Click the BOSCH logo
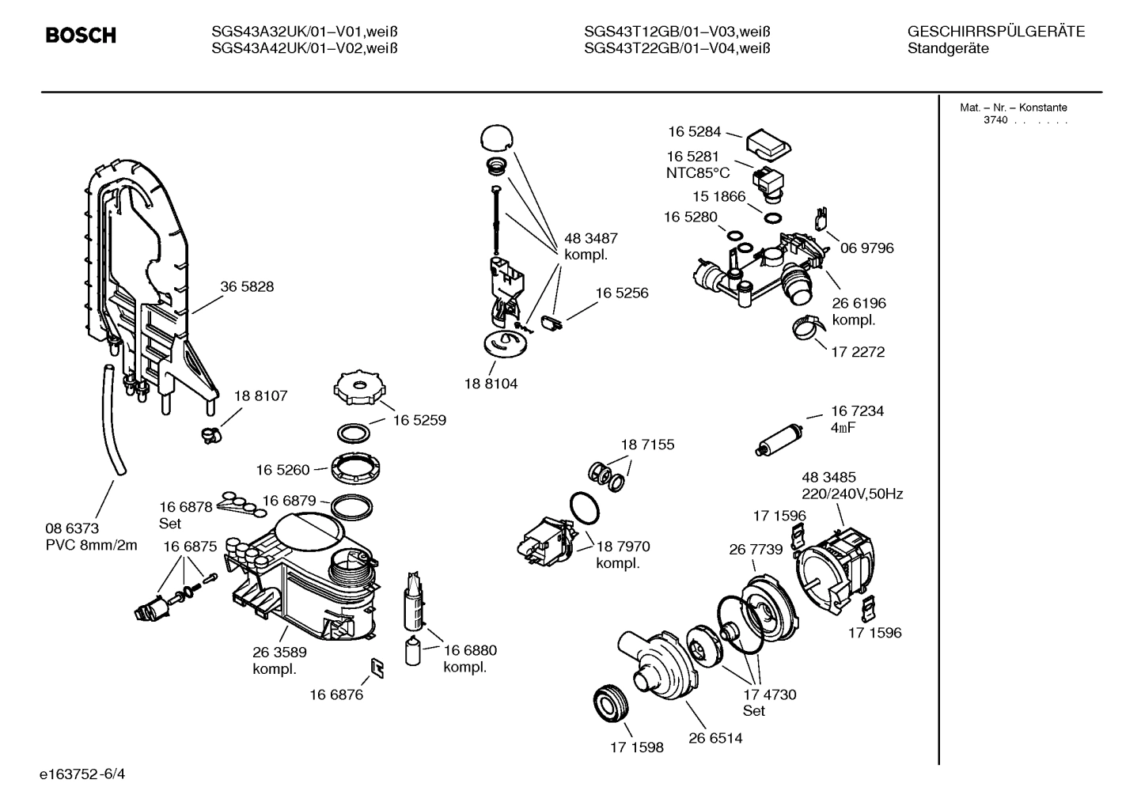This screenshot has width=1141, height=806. pyautogui.click(x=81, y=36)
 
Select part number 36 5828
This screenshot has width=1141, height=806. pyautogui.click(x=247, y=287)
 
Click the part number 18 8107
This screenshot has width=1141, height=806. pyautogui.click(x=260, y=395)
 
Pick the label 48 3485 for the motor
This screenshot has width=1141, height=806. pyautogui.click(x=828, y=477)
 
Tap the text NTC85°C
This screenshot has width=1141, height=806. pyautogui.click(x=697, y=173)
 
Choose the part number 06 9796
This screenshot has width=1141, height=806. pyautogui.click(x=866, y=248)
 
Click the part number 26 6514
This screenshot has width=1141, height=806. pyautogui.click(x=715, y=739)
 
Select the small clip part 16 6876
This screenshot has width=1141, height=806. pyautogui.click(x=378, y=669)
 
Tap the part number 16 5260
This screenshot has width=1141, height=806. pyautogui.click(x=282, y=470)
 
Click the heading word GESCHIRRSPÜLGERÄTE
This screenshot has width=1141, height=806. pyautogui.click(x=995, y=32)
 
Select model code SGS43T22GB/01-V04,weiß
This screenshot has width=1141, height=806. pyautogui.click(x=677, y=49)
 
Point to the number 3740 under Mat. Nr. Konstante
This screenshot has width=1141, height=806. pyautogui.click(x=995, y=121)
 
